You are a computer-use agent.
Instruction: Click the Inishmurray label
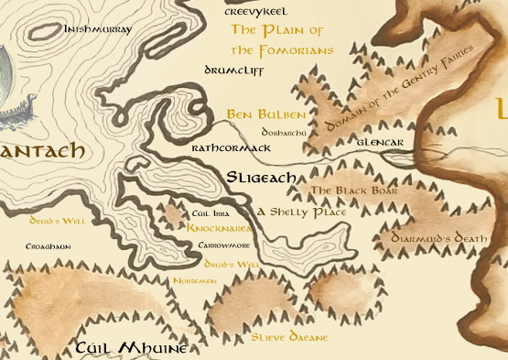[x=98, y=29]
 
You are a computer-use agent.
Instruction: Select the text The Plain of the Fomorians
[x=281, y=40]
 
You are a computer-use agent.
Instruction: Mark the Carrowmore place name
[x=223, y=245]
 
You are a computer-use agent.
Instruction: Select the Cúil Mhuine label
[x=131, y=348]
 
